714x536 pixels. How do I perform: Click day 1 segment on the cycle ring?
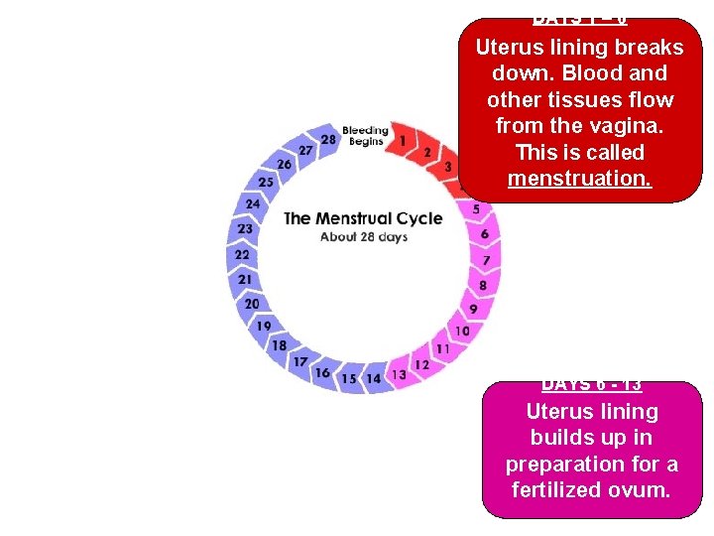(403, 141)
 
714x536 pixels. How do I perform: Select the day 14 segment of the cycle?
(373, 378)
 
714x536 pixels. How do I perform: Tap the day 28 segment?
(328, 140)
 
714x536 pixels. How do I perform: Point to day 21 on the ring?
(245, 280)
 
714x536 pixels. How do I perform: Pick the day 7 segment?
(486, 260)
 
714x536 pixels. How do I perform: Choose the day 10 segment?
(462, 331)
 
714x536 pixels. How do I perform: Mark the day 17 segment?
(299, 361)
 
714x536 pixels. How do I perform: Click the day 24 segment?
(253, 203)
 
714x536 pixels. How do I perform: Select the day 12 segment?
(421, 364)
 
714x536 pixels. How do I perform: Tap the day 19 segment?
(263, 326)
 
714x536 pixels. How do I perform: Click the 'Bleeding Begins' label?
(365, 136)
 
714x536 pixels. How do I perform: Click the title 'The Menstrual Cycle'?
(363, 218)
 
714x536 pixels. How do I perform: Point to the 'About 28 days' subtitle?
(364, 237)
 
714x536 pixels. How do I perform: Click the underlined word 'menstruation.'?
(580, 179)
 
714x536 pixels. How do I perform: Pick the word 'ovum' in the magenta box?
(646, 489)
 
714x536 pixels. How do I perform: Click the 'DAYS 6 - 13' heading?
(592, 385)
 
